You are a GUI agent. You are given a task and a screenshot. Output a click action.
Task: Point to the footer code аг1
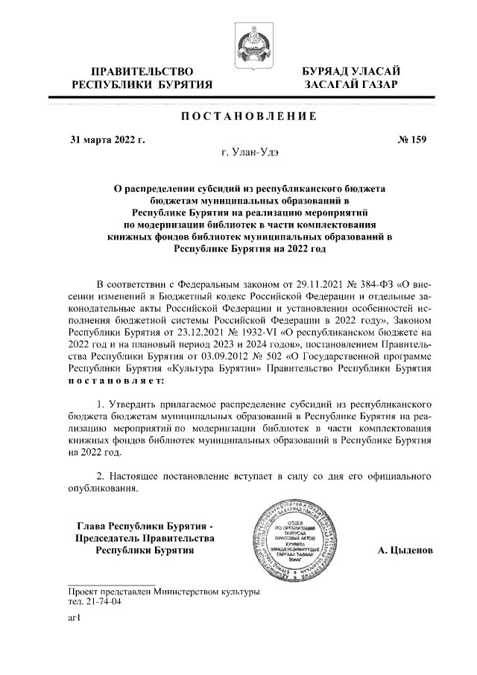click(74, 618)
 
